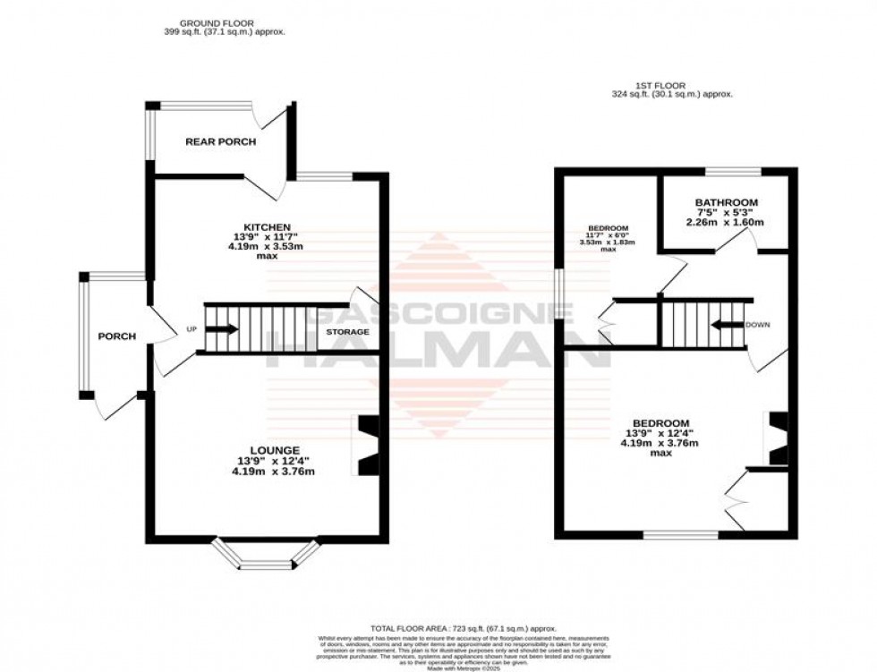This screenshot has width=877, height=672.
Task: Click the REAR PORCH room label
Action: click(x=220, y=141)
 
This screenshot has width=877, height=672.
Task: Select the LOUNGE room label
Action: click(x=275, y=449)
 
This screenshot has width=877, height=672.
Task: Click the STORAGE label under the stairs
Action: click(x=347, y=332)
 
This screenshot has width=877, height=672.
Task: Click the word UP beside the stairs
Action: click(x=191, y=329)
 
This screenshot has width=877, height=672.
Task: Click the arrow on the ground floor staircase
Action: click(x=224, y=329)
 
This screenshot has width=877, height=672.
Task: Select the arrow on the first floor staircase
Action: click(x=727, y=324)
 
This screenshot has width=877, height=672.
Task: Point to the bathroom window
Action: click(x=732, y=170)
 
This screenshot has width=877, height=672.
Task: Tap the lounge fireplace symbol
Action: click(x=368, y=446)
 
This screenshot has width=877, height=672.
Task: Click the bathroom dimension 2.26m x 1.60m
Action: click(x=726, y=222)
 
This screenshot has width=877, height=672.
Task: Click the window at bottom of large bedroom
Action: click(x=681, y=535)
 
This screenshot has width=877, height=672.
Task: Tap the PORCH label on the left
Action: click(x=116, y=336)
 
